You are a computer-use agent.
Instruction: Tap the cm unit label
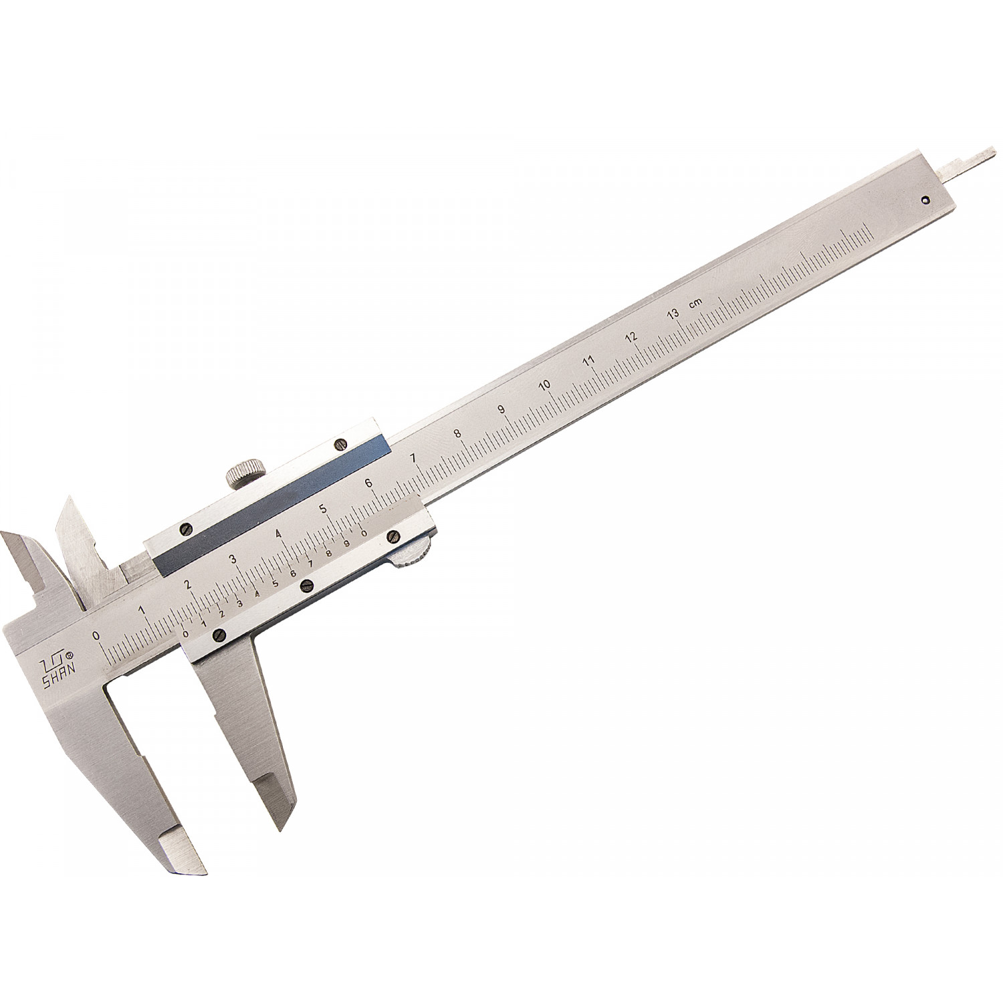point(695,302)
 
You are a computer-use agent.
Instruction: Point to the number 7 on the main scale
point(413,458)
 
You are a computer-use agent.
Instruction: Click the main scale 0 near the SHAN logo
point(96,635)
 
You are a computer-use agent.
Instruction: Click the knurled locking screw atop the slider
point(241,472)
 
